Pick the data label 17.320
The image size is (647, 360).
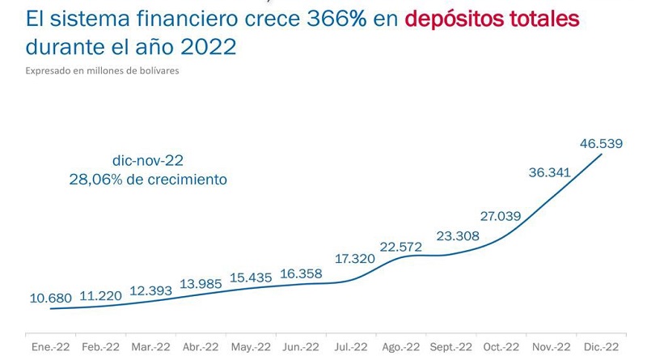pos(355,260)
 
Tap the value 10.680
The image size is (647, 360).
pos(50,297)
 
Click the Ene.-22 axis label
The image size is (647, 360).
pos(50,346)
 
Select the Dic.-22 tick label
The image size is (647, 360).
pos(601,346)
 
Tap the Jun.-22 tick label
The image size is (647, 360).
pos(300,346)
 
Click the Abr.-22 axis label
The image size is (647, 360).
pos(200,346)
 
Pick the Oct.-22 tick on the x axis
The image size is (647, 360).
pos(501,346)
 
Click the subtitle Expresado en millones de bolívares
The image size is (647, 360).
pos(102,70)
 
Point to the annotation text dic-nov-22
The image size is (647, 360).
pos(149,160)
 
